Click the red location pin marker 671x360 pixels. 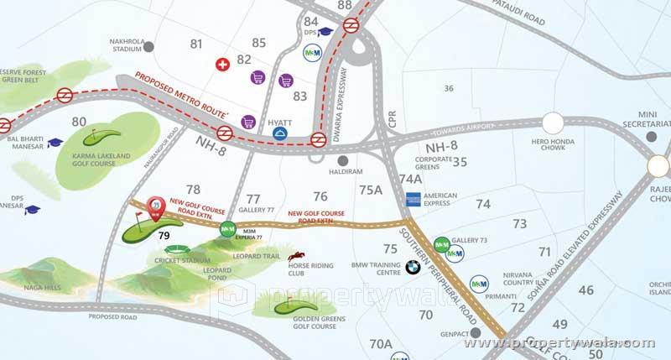point(154,207)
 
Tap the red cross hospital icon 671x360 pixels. point(222,64)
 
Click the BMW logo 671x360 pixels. point(412,268)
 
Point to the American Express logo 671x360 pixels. point(412,199)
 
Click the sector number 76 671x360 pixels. point(320,196)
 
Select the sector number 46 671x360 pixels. point(585,290)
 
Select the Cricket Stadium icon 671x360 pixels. point(178,249)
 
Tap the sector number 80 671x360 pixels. point(80,122)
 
